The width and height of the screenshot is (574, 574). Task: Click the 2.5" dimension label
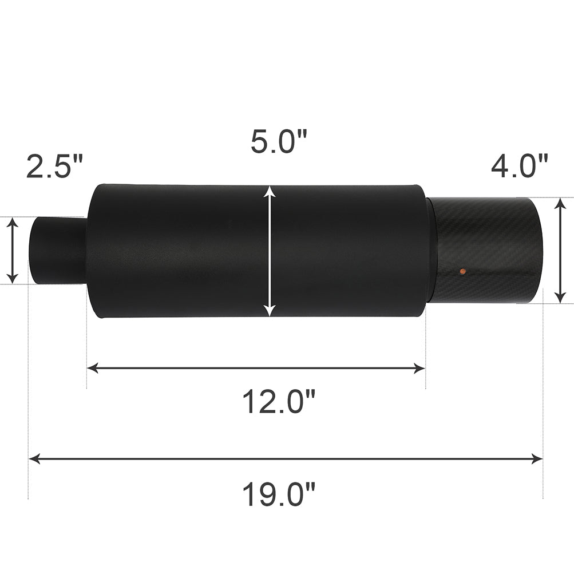click(55, 166)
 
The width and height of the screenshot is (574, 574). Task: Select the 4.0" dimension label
click(520, 166)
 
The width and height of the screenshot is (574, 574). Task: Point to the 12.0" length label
click(279, 402)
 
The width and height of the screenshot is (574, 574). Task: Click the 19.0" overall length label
click(279, 494)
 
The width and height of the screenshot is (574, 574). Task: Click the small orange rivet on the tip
click(463, 271)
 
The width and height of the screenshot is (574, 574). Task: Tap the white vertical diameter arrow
click(270, 251)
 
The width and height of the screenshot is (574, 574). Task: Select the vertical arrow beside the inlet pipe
click(13, 251)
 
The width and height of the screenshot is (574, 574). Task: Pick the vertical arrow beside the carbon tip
click(560, 251)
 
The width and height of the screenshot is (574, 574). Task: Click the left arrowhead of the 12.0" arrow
click(93, 368)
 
